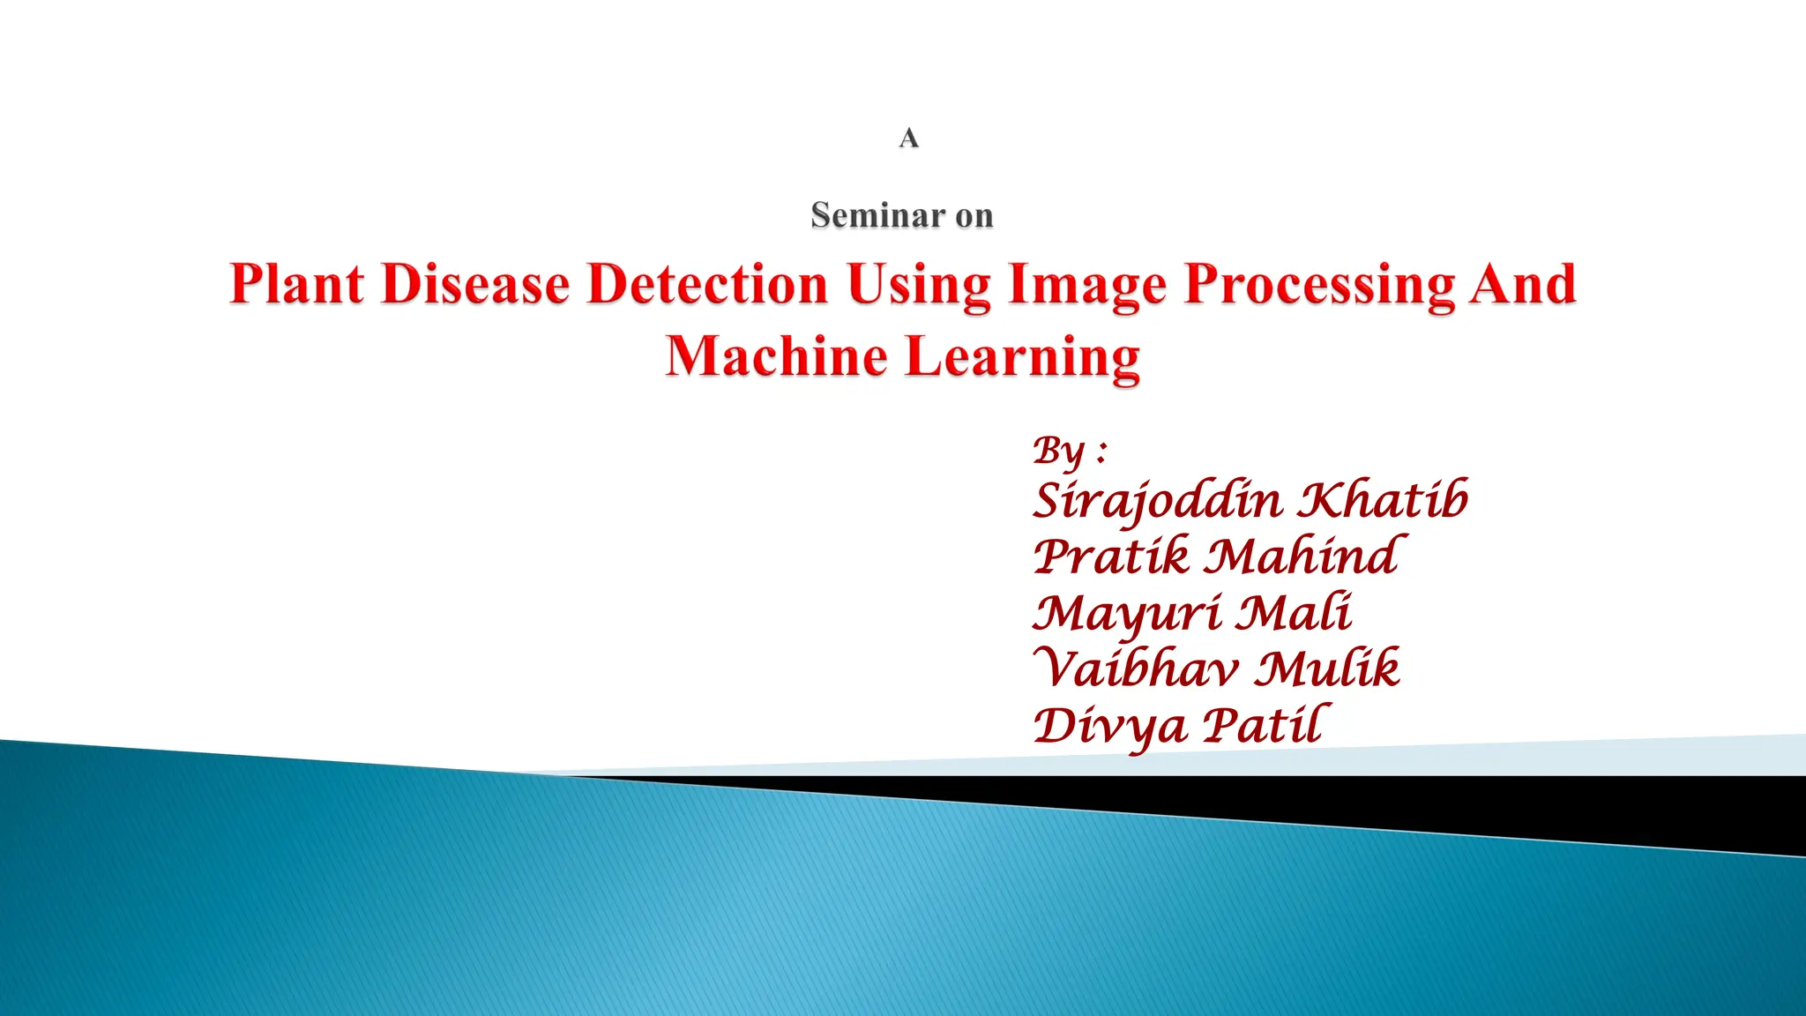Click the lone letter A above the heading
click(x=908, y=138)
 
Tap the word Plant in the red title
click(x=297, y=284)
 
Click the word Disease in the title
click(x=476, y=284)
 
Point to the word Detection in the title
click(x=708, y=284)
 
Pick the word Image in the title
click(x=1087, y=284)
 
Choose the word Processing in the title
click(x=1319, y=284)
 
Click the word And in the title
click(x=1522, y=284)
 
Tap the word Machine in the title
click(x=776, y=356)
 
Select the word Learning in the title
click(x=1023, y=356)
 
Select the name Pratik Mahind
click(x=1217, y=557)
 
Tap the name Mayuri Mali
click(x=1192, y=613)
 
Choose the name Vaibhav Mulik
click(x=1217, y=669)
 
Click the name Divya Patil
click(x=1180, y=726)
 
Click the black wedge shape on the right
click(x=1675, y=807)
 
